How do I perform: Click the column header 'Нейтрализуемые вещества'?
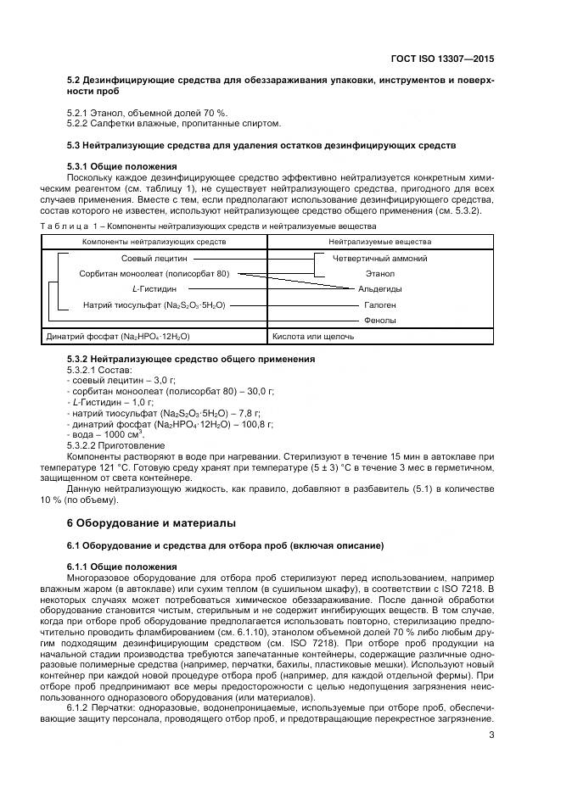click(379, 243)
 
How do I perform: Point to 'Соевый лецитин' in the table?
click(154, 259)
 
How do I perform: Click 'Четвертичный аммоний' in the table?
click(379, 259)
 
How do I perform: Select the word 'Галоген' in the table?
click(379, 304)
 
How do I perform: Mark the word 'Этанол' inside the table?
click(379, 274)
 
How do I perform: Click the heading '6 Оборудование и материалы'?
click(153, 522)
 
